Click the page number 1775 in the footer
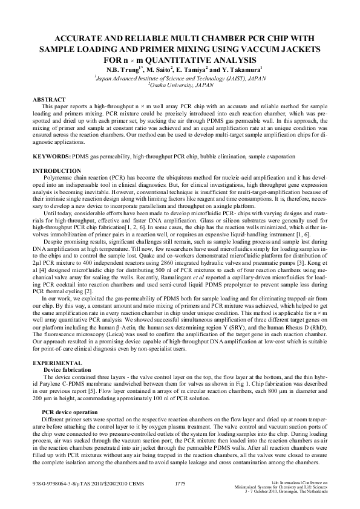click(180, 484)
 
